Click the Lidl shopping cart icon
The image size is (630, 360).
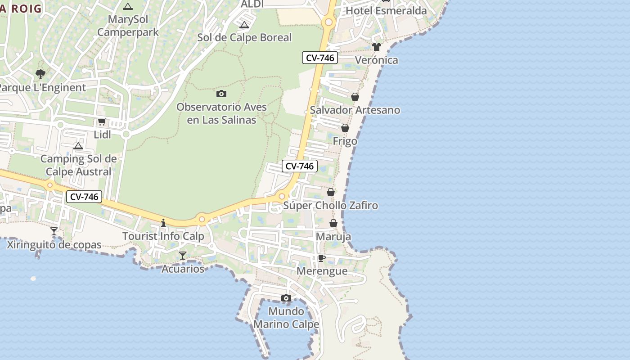pyautogui.click(x=102, y=122)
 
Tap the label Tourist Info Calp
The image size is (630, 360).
pyautogui.click(x=163, y=236)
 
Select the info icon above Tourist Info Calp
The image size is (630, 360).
pyautogui.click(x=163, y=222)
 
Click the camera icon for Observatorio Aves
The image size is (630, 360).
pyautogui.click(x=221, y=94)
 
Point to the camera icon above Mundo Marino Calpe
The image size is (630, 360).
pyautogui.click(x=286, y=298)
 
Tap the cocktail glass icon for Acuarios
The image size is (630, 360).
pyautogui.click(x=182, y=256)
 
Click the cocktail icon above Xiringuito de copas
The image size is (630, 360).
pyautogui.click(x=54, y=231)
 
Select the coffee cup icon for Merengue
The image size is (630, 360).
pyautogui.click(x=321, y=258)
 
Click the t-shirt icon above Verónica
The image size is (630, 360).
pyautogui.click(x=377, y=46)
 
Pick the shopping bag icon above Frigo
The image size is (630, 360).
pyautogui.click(x=345, y=128)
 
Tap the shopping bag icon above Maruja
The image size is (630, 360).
pyautogui.click(x=333, y=223)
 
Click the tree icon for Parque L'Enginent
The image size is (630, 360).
pyautogui.click(x=40, y=74)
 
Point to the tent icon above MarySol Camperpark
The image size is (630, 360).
pyautogui.click(x=128, y=7)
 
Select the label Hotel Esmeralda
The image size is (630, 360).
pyautogui.click(x=386, y=11)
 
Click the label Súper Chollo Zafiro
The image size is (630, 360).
pyautogui.click(x=330, y=206)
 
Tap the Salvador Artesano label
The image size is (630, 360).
pyautogui.click(x=355, y=110)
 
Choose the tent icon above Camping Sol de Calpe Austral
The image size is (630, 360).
pyautogui.click(x=78, y=146)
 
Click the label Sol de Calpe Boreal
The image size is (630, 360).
pyautogui.click(x=244, y=37)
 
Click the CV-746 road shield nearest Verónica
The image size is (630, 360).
pyautogui.click(x=319, y=58)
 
